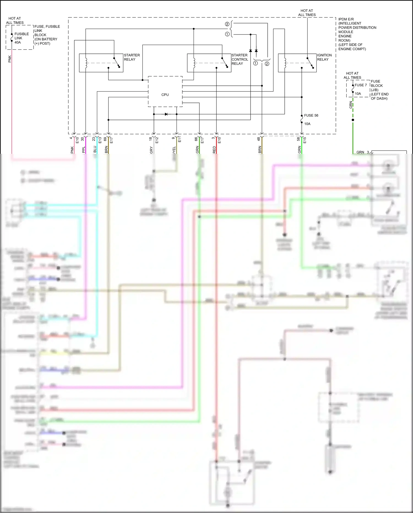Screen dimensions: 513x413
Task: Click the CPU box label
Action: tap(165, 95)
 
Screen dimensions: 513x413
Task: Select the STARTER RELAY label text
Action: tap(132, 57)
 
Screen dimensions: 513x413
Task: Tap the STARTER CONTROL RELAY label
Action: tap(240, 59)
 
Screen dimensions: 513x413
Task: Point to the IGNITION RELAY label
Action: tap(324, 57)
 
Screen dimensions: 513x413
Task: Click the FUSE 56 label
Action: tap(311, 116)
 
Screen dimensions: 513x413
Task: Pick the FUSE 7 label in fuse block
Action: tap(360, 85)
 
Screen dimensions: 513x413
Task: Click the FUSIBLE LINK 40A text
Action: tap(21, 38)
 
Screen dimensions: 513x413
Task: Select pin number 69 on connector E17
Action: tap(105, 139)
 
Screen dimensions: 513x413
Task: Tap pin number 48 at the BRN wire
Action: tap(259, 139)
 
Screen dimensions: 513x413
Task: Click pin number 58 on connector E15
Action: tap(298, 139)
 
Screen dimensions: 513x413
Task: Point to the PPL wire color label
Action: tap(84, 150)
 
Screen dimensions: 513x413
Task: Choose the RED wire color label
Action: tap(214, 150)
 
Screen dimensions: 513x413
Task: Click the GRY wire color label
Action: tap(151, 150)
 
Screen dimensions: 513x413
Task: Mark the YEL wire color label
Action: tap(174, 150)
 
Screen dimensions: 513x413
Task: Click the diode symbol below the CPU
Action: tap(166, 114)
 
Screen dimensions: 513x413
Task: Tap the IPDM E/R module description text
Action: tap(357, 34)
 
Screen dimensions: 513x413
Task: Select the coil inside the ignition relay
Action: tap(285, 63)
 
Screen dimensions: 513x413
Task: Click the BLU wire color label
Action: tap(95, 149)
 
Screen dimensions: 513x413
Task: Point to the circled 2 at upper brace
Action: tap(227, 24)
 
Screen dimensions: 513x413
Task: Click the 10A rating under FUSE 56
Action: tap(307, 124)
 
